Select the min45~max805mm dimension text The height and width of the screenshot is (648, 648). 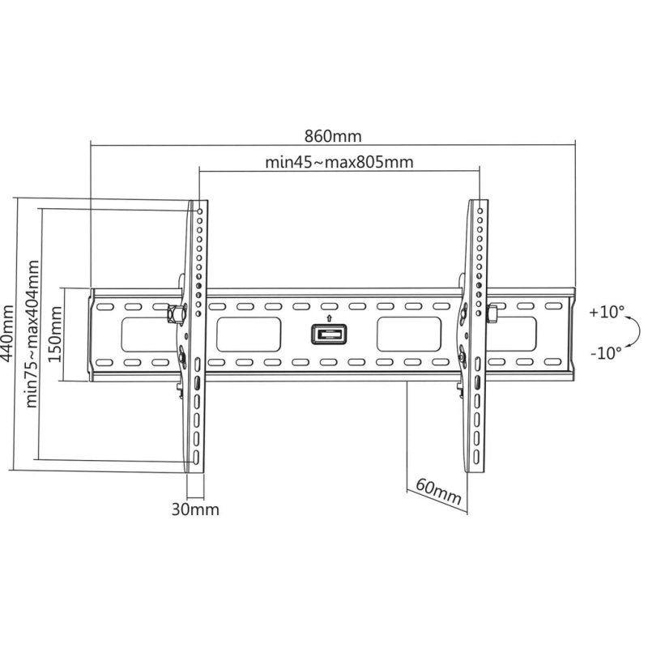pos(339,161)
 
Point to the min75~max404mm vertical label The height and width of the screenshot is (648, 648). pos(32,334)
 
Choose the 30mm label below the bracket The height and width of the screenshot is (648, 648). pos(195,509)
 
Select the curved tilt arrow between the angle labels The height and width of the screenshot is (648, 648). pos(636,331)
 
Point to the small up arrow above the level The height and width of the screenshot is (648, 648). pos(329,318)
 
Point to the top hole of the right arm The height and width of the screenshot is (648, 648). pos(480,210)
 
